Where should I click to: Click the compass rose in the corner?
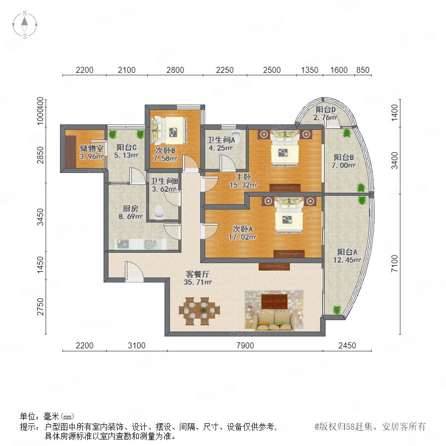(25, 25)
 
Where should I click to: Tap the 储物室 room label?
(91, 148)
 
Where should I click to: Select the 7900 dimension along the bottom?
(245, 345)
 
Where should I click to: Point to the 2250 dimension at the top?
(224, 70)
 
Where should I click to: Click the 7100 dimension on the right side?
(394, 264)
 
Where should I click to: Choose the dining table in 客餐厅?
(199, 311)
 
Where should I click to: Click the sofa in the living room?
(274, 322)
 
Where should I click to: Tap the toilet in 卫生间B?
(159, 212)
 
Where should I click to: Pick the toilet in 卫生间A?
(236, 136)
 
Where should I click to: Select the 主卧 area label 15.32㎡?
(243, 185)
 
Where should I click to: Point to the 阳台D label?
(326, 110)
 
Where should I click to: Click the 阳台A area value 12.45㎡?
(347, 260)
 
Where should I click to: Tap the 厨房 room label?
(130, 209)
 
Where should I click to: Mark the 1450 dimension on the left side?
(41, 265)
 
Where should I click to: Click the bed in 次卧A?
(289, 215)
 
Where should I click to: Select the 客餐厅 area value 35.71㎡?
(198, 282)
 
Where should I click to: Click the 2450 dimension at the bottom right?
(347, 345)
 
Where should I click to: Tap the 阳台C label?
(126, 147)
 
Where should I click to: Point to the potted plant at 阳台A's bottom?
(337, 310)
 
